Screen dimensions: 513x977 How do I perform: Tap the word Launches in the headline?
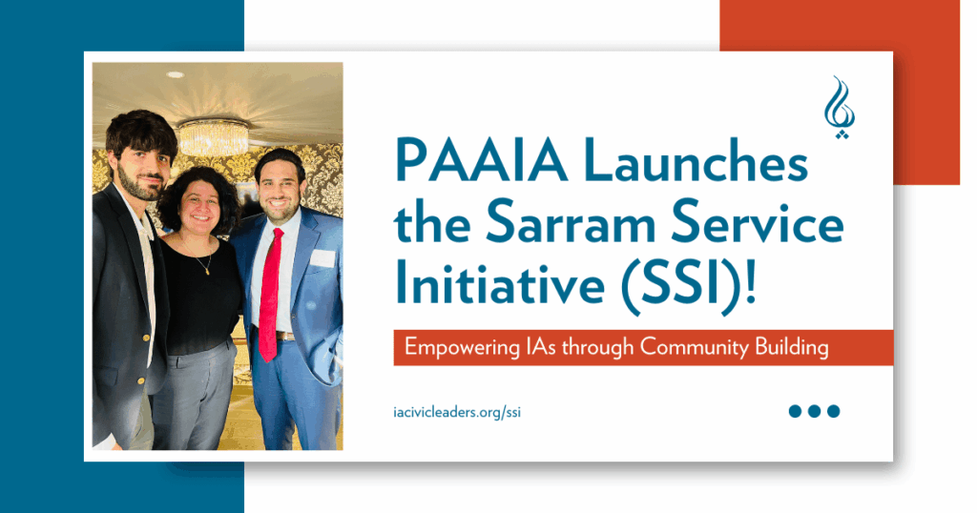(x=684, y=165)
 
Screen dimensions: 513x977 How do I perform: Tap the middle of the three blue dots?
(x=815, y=411)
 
